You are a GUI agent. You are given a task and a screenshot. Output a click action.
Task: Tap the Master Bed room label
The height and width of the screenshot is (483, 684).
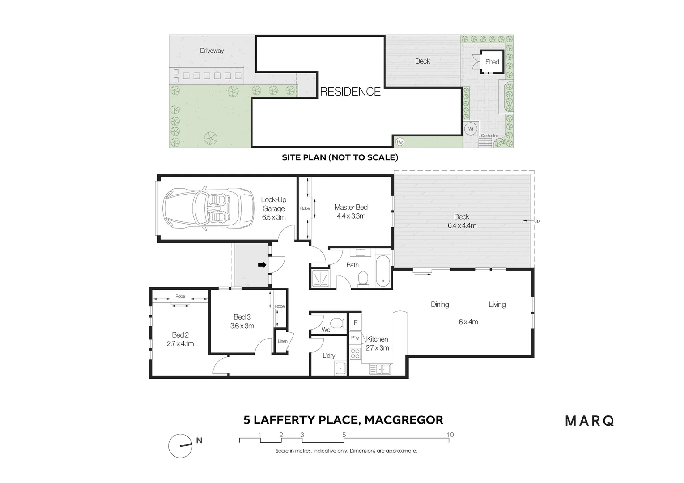(x=351, y=207)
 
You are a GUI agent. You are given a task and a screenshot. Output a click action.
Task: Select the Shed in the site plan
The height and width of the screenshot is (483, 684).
(x=492, y=62)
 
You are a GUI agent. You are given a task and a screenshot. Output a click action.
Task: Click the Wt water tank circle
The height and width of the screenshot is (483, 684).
(x=471, y=129)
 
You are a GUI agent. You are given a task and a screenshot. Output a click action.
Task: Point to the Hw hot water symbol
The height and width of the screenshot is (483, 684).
(x=399, y=142)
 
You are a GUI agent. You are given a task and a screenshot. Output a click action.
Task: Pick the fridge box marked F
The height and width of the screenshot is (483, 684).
(x=356, y=322)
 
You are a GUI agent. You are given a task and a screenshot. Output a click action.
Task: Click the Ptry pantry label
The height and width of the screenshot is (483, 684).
(x=355, y=338)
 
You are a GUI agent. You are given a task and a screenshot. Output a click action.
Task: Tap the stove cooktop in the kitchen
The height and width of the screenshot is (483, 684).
(x=355, y=354)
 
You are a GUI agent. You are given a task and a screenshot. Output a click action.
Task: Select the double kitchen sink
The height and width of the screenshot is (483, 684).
(x=380, y=369)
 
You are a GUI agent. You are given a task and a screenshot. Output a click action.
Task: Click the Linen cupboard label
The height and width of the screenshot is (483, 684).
(x=282, y=341)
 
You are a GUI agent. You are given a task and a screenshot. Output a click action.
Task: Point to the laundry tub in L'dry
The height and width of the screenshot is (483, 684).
(x=340, y=369)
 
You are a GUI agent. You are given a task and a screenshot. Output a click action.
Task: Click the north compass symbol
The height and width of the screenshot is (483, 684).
(x=180, y=446)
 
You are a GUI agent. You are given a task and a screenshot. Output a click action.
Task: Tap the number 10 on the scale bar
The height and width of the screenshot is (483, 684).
(x=450, y=435)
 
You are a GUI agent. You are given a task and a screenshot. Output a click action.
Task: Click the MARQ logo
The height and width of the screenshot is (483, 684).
(x=590, y=421)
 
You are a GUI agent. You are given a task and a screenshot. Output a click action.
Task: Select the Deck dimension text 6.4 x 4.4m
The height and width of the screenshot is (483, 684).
(x=462, y=225)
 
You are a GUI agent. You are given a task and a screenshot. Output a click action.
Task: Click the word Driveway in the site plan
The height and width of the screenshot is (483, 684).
(x=212, y=51)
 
